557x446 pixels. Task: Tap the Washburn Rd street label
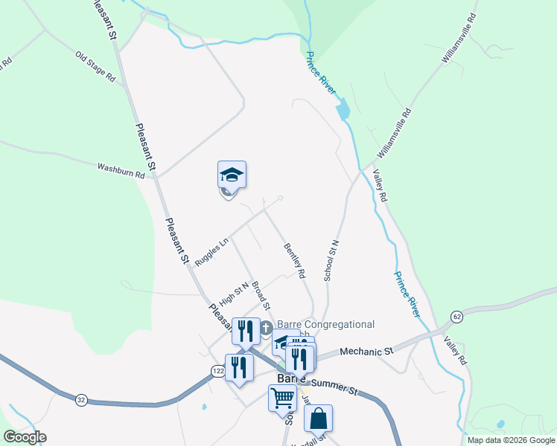pyautogui.click(x=120, y=168)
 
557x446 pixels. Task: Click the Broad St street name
pyautogui.click(x=260, y=295)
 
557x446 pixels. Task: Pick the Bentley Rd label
pyautogui.click(x=295, y=260)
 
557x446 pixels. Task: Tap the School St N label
pyautogui.click(x=331, y=260)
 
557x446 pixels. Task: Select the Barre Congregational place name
pyautogui.click(x=325, y=324)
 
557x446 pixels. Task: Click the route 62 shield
pyautogui.click(x=456, y=317)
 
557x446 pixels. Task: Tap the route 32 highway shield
pyautogui.click(x=80, y=400)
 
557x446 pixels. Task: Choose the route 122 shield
pyautogui.click(x=217, y=370)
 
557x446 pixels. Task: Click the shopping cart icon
pyautogui.click(x=282, y=398)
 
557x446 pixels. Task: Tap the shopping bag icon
pyautogui.click(x=318, y=418)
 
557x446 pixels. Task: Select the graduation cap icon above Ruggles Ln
pyautogui.click(x=232, y=175)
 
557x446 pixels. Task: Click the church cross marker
pyautogui.click(x=267, y=328)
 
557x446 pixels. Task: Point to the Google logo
pyautogui.click(x=25, y=438)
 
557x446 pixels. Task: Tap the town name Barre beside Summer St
pyautogui.click(x=293, y=378)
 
